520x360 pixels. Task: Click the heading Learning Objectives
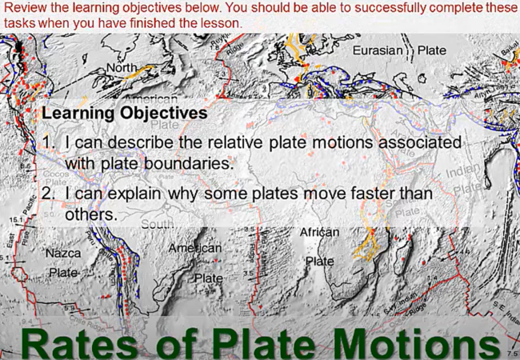pyautogui.click(x=124, y=113)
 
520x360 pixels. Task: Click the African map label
pyautogui.click(x=320, y=232)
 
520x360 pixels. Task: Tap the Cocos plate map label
pyautogui.click(x=54, y=174)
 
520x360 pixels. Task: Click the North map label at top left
pyautogui.click(x=122, y=68)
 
